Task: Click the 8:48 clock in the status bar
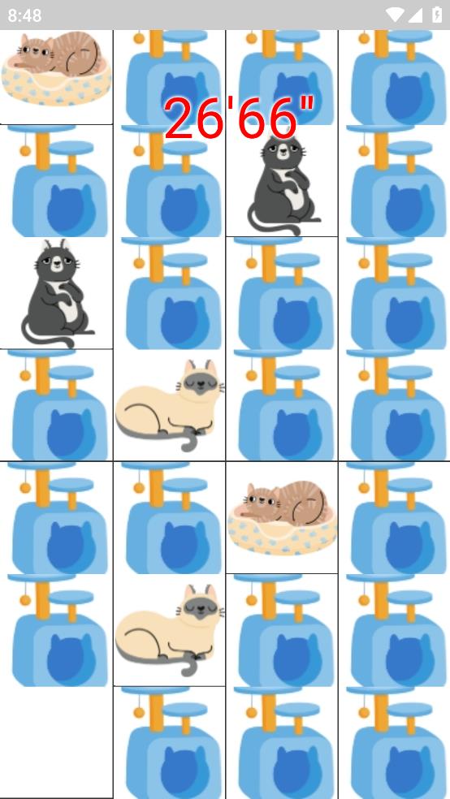24,15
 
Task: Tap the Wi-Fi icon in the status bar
395,15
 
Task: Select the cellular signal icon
415,15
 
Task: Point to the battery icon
437,15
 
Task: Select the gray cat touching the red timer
283,184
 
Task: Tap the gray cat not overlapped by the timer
56,293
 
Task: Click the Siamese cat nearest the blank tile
169,629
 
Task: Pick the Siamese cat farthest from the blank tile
169,405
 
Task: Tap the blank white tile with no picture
56,742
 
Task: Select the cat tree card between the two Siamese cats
169,518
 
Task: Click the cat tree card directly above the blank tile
56,630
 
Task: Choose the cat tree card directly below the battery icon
394,77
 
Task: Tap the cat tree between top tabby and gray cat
56,181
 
